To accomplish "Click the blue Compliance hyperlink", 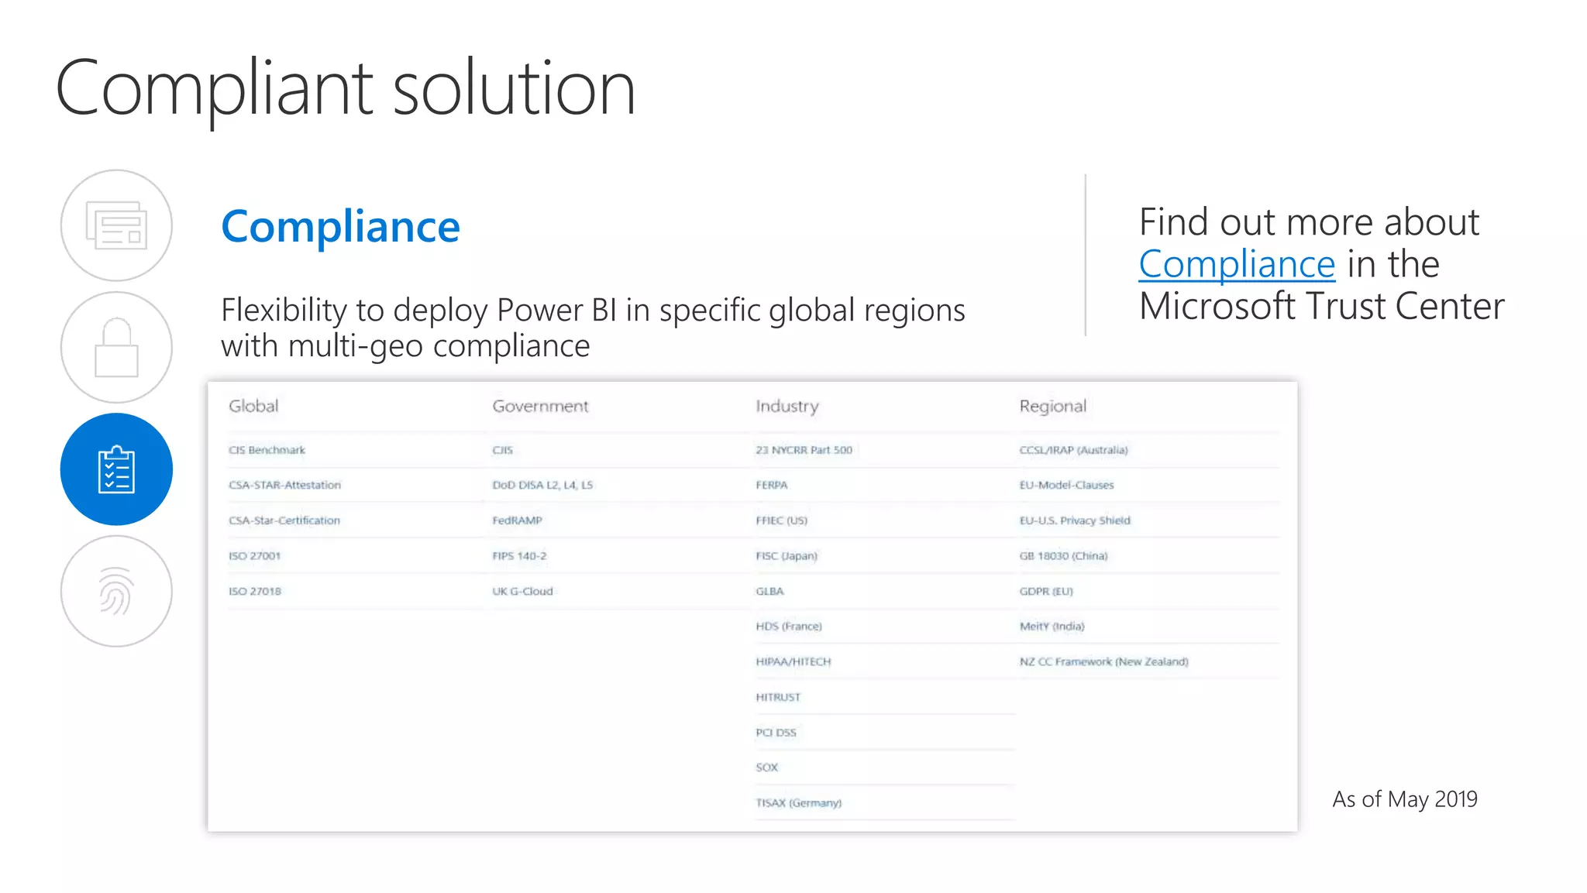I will coord(1237,265).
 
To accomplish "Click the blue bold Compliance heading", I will coord(340,227).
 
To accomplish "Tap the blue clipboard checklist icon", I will coord(116,469).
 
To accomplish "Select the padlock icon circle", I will coord(116,348).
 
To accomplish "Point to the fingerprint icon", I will coord(116,592).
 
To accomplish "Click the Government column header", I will coord(540,406).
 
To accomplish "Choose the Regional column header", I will coord(1052,406).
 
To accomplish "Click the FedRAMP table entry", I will coord(517,520).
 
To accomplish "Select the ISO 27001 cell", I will coord(254,556).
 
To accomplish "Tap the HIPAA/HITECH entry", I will coord(793,661).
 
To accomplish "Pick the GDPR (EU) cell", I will coord(1046,591).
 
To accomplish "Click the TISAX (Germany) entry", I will coord(798,803).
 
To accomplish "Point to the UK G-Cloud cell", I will coord(522,591).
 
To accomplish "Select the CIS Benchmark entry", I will coord(267,450).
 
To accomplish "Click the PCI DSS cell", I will coord(776,733).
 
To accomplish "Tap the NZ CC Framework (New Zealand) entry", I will coord(1103,661).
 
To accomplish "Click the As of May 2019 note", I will coord(1404,799).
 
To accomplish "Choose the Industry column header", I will coord(787,406).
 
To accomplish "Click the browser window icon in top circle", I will coord(116,225).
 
